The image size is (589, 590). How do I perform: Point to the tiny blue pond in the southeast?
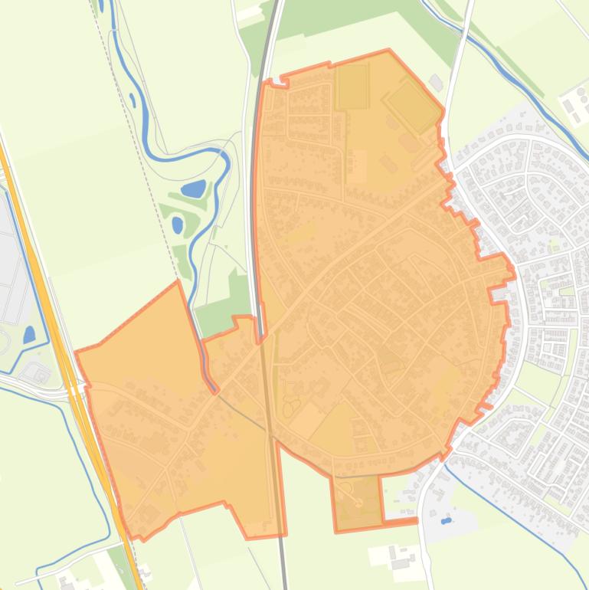point(446,521)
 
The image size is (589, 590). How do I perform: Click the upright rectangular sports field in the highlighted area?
point(352,86)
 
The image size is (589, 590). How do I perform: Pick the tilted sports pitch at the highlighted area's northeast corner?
point(412,106)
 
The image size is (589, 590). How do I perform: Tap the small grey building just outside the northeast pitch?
point(436,82)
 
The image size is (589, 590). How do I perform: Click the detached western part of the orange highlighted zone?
point(146,414)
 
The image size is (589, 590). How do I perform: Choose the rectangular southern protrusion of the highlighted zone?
point(358,502)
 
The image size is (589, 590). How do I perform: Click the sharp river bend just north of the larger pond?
point(224,157)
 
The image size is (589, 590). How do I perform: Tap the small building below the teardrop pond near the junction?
point(35,373)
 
